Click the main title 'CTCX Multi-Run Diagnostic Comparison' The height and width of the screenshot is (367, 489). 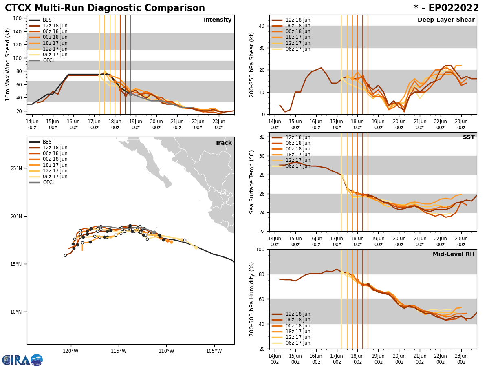[105, 8]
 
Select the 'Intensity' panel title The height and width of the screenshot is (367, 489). [218, 20]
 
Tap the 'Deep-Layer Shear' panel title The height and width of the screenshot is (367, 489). [446, 20]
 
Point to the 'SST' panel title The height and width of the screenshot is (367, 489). [469, 137]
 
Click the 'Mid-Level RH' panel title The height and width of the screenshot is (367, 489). [454, 254]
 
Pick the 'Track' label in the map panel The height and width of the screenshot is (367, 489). [223, 143]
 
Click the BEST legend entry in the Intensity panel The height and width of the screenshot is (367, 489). [48, 20]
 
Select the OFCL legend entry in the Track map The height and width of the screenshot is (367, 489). [48, 182]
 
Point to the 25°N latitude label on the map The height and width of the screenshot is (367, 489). [16, 168]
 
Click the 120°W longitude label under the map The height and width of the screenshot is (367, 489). [70, 351]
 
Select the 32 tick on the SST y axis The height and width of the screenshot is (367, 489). [262, 137]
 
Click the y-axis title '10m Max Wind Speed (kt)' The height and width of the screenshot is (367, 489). [8, 64]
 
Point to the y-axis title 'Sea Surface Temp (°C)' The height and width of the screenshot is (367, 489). [252, 182]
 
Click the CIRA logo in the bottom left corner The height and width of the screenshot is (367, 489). [22, 360]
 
